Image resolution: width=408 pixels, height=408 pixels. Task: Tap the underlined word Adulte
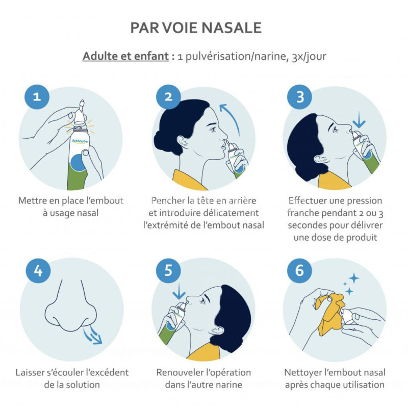(99, 56)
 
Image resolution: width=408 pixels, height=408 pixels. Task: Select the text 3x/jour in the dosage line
(309, 57)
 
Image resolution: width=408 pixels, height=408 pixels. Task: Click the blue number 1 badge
(37, 97)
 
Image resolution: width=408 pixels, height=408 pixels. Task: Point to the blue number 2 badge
(168, 97)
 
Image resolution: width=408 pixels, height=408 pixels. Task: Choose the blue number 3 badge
(300, 97)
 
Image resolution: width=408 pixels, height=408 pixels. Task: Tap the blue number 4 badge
(38, 271)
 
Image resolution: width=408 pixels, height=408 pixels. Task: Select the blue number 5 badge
(168, 271)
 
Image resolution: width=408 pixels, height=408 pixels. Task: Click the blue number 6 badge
(299, 271)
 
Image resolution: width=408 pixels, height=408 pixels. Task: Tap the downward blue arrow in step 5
(179, 291)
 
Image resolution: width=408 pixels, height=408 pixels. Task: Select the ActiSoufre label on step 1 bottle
(80, 141)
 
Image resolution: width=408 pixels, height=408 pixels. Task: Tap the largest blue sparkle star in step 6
(354, 278)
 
